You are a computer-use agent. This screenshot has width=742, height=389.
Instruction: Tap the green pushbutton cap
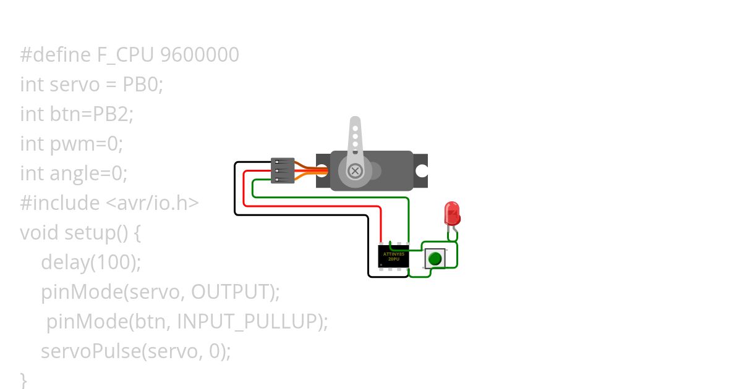(435, 258)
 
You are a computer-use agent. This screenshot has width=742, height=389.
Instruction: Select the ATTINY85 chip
(393, 256)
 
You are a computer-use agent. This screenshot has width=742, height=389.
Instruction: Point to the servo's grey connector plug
(283, 170)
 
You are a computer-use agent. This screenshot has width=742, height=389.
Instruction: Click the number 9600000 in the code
(199, 55)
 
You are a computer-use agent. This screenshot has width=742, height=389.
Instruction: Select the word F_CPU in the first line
(126, 55)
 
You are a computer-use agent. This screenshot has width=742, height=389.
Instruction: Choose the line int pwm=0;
(72, 143)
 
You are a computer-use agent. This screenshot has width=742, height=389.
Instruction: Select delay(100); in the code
(91, 262)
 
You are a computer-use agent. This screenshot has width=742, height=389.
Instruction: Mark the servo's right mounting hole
(422, 170)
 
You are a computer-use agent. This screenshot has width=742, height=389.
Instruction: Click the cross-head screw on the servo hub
(355, 170)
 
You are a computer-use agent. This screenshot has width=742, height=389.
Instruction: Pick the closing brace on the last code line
(23, 378)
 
